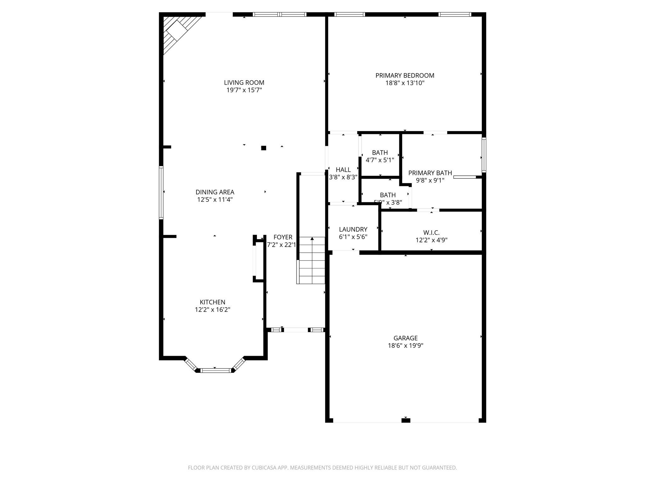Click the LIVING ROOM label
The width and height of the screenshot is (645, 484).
(x=244, y=83)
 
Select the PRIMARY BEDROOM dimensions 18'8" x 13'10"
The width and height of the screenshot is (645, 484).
(x=405, y=83)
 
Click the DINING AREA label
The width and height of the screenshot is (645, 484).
(x=215, y=192)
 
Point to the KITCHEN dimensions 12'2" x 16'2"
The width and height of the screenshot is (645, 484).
(x=212, y=310)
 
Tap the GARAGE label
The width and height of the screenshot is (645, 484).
(x=405, y=338)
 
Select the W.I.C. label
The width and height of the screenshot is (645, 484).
(x=431, y=233)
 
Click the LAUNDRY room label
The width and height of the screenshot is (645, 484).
(x=353, y=229)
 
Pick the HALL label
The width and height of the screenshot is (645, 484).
(x=343, y=170)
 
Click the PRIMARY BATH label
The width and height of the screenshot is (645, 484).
(x=430, y=173)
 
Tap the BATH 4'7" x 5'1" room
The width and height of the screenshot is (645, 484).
(x=380, y=156)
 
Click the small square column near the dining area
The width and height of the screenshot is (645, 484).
(x=264, y=148)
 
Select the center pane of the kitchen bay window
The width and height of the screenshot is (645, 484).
(x=216, y=371)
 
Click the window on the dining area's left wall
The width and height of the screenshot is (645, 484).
(x=161, y=193)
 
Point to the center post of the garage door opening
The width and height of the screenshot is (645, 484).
(x=406, y=420)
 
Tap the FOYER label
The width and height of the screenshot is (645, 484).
(x=283, y=237)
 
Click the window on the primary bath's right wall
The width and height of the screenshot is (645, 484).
(x=484, y=155)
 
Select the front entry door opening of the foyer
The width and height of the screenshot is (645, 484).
(x=296, y=330)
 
